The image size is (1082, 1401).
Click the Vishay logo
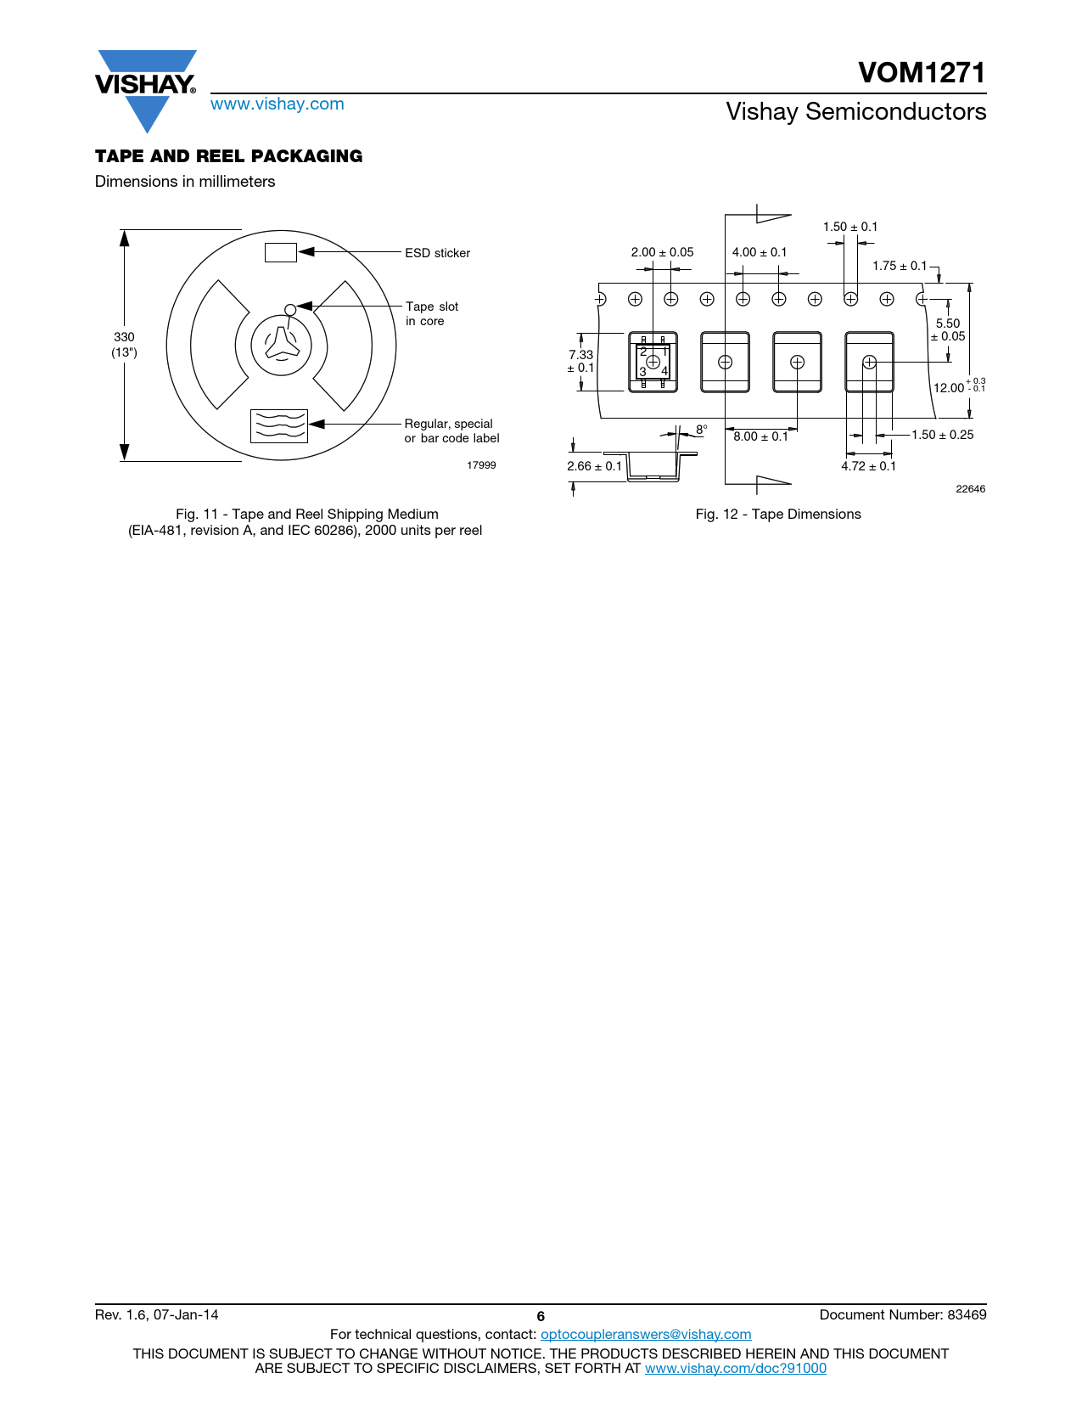click(146, 88)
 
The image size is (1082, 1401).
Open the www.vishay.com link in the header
click(277, 104)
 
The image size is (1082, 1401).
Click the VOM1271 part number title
click(921, 73)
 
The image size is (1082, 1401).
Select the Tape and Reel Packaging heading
click(228, 156)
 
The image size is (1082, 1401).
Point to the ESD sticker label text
click(437, 253)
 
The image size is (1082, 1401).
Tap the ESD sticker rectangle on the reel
click(280, 252)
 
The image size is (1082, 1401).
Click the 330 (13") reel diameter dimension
click(124, 344)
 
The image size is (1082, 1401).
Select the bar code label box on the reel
click(278, 425)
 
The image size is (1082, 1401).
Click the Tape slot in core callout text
click(432, 313)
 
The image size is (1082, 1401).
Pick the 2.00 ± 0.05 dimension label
click(662, 252)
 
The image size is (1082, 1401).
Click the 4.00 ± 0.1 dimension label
click(760, 252)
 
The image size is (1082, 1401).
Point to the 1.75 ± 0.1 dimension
click(900, 266)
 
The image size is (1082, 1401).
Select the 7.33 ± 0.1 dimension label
click(581, 361)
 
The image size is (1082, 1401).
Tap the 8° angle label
click(701, 430)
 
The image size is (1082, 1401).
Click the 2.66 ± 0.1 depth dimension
click(594, 466)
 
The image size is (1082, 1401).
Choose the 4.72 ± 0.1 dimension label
click(868, 466)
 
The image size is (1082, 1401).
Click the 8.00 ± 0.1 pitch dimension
click(760, 436)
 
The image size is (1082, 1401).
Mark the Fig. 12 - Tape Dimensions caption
click(777, 515)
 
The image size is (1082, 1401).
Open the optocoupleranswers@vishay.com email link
click(646, 1335)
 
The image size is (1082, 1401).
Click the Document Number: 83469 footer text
click(902, 1315)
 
